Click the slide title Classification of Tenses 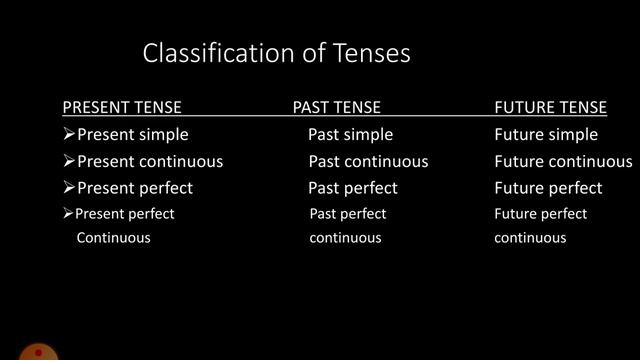(276, 53)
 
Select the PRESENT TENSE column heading (122, 108)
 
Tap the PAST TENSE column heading (337, 108)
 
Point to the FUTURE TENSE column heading (550, 108)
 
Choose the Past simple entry (350, 134)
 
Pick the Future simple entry (546, 134)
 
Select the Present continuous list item (150, 161)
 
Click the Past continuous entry (368, 161)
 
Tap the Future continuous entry (563, 161)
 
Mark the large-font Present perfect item (135, 188)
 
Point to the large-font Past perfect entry (353, 188)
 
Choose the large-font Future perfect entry (548, 188)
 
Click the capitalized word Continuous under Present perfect (113, 238)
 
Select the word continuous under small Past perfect (345, 238)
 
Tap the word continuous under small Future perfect (530, 238)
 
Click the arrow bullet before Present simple (69, 134)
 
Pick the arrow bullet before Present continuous (69, 161)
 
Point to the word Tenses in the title (371, 53)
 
